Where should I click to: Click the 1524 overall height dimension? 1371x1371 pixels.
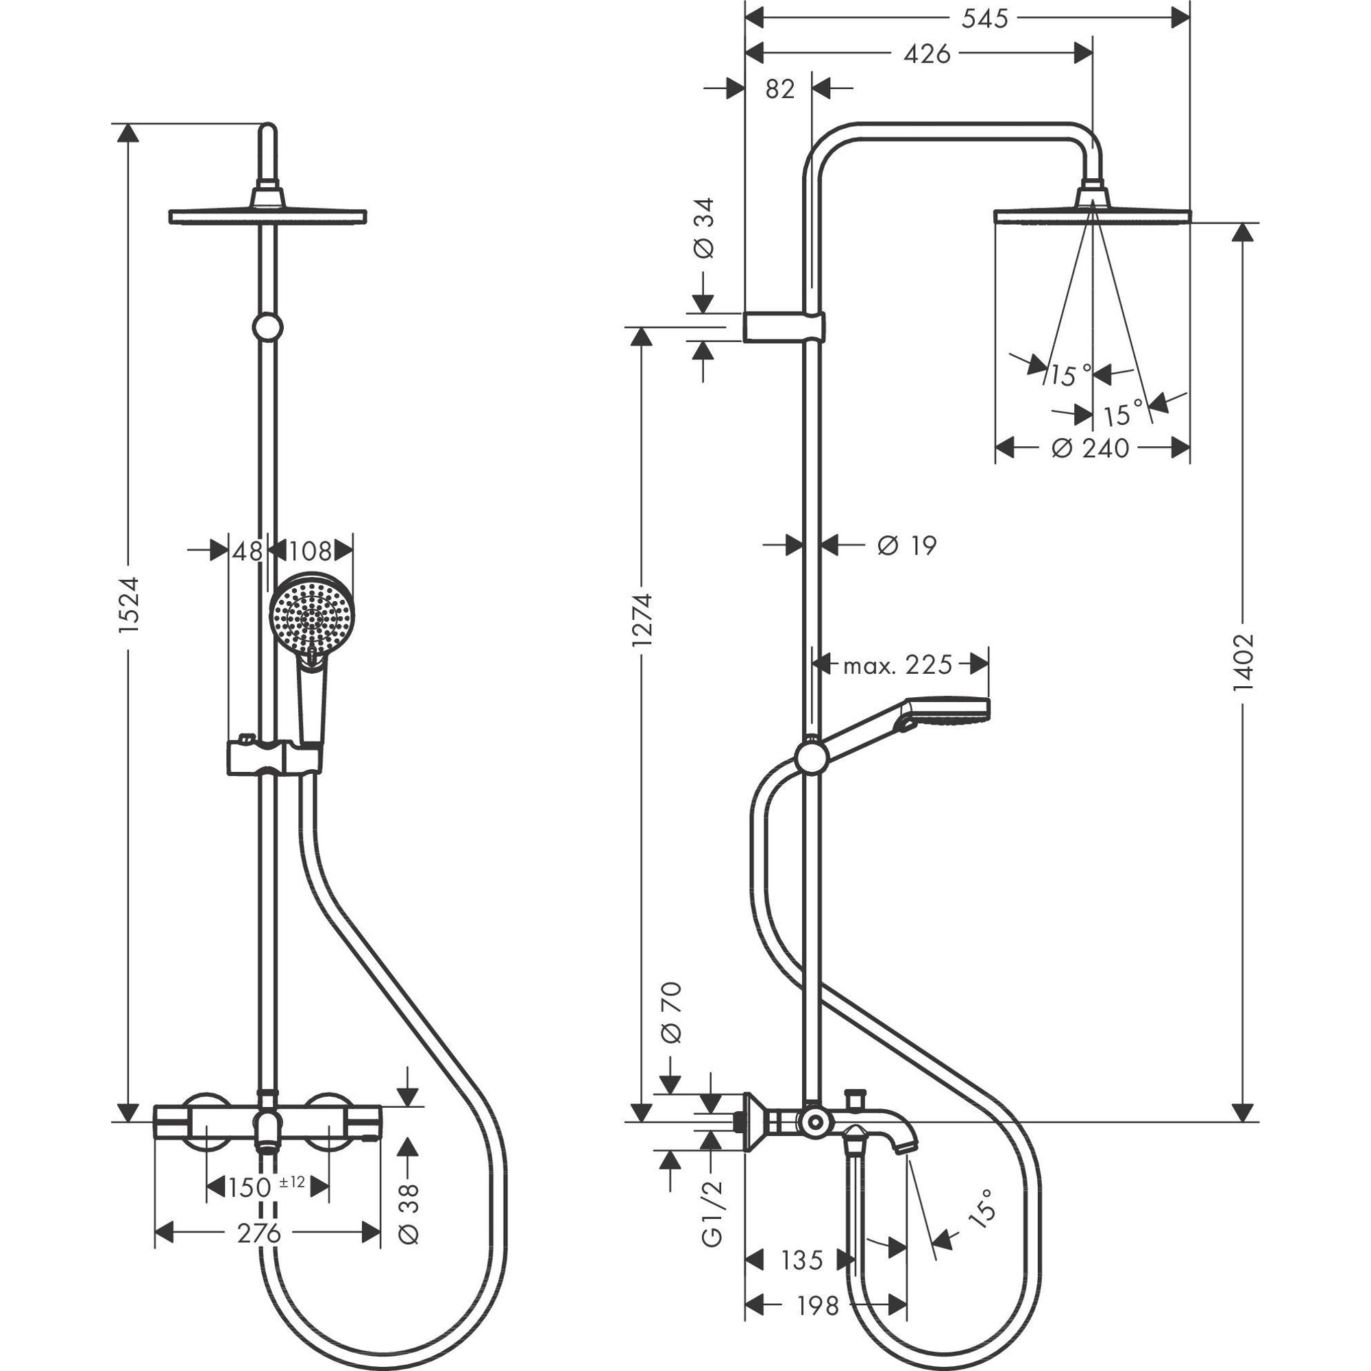click(x=130, y=605)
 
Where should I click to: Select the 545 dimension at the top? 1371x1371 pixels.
click(x=984, y=19)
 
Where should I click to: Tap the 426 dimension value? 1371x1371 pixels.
click(x=926, y=54)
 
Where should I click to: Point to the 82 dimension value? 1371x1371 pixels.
click(x=780, y=89)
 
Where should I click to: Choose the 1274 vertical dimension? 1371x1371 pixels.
click(x=642, y=619)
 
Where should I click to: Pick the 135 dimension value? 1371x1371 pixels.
click(x=802, y=1261)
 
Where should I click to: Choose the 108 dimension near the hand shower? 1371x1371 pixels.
click(x=311, y=550)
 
